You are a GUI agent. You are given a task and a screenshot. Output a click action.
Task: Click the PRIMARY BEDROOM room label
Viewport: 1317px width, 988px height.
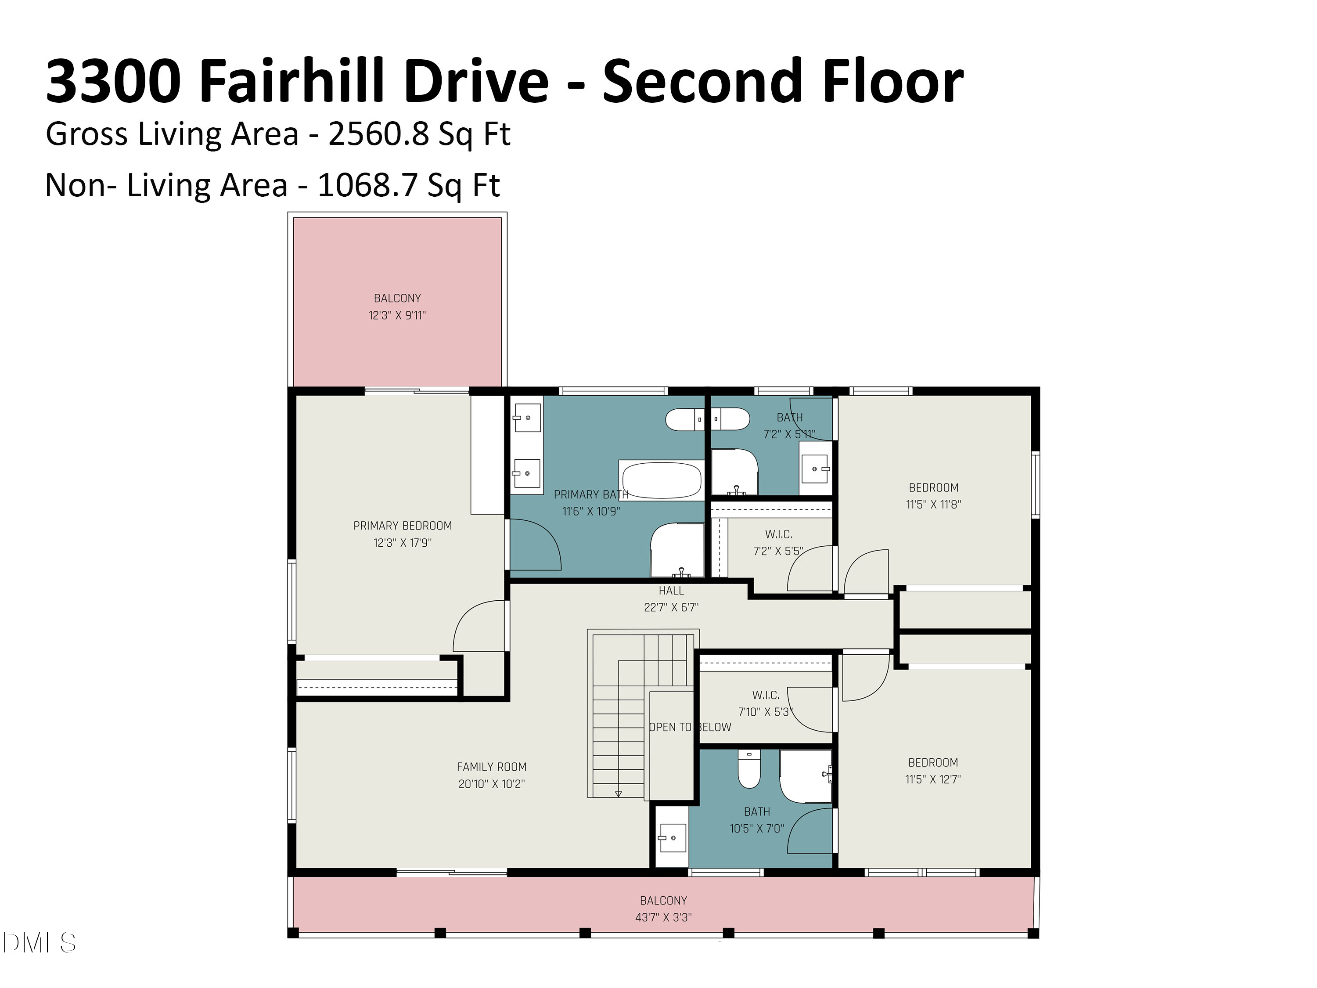coord(403,525)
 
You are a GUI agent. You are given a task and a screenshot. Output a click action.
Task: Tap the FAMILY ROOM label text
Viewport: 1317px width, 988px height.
coord(491,766)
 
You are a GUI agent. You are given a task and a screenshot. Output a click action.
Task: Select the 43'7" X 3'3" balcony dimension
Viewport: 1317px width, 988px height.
coord(663,917)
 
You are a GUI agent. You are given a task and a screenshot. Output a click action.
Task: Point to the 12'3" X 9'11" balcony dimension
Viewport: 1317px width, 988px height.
coord(397,315)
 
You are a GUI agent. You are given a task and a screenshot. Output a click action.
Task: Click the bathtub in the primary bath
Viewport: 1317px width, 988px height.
coord(662,480)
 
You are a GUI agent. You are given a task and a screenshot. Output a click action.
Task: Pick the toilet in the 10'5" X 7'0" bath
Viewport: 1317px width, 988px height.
coord(748,769)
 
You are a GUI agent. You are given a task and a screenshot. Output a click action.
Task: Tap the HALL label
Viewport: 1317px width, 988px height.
coord(671,591)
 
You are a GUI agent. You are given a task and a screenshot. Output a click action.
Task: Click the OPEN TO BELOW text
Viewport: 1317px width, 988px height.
coord(690,727)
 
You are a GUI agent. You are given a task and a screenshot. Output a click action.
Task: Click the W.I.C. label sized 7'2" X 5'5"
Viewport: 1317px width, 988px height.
coord(778,534)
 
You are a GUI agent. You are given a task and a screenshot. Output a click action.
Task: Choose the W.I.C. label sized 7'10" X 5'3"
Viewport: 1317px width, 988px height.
coord(766,695)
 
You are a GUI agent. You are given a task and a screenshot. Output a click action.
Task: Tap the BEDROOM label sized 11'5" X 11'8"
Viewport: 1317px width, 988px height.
coord(934,487)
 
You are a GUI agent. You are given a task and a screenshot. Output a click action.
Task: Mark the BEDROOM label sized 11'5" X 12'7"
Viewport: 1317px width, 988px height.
coord(933,762)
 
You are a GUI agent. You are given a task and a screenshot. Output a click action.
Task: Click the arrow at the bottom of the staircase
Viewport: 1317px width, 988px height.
coord(618,793)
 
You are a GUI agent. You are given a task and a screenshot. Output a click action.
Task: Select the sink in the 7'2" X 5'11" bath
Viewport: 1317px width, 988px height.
coord(814,469)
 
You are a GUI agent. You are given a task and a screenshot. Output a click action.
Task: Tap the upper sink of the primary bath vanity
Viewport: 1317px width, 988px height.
coord(527,418)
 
